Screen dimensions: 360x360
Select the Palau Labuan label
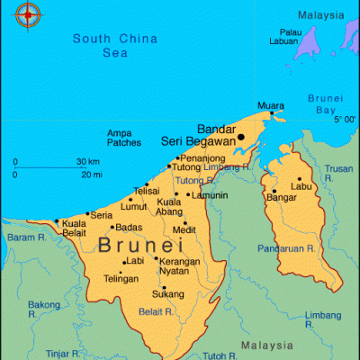pos(284,37)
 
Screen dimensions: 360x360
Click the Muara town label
pos(270,105)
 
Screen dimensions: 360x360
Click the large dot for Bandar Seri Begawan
pos(241,138)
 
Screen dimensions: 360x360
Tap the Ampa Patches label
pos(123,138)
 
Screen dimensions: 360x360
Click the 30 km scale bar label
pos(88,162)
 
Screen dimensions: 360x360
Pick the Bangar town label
pos(283,196)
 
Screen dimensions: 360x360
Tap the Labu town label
pos(302,186)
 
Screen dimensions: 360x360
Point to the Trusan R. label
pos(338,168)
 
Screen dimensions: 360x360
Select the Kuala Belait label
pos(74,227)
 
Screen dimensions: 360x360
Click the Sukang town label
pos(168,293)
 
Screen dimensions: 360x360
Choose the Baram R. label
pos(27,238)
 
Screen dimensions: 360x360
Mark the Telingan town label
pos(121,279)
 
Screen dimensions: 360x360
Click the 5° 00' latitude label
pos(345,120)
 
